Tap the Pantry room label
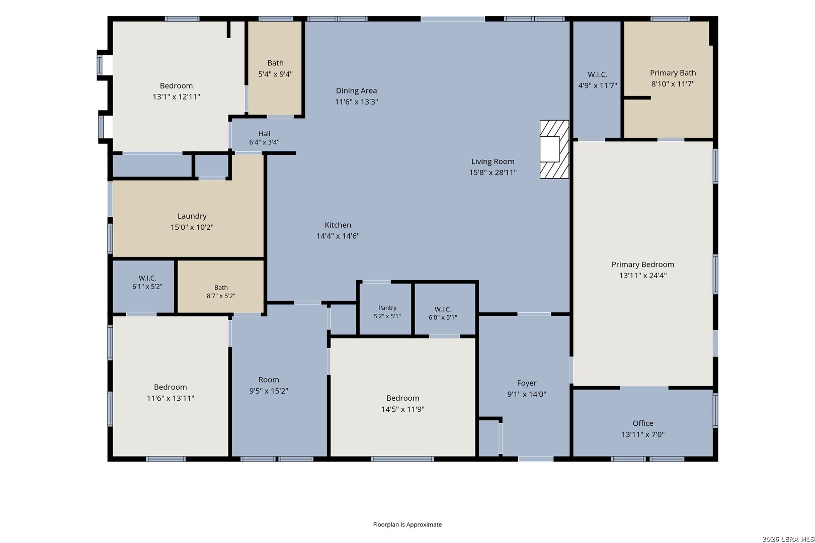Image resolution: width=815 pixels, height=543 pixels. point(387,308)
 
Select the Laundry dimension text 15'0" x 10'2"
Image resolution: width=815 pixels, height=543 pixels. point(192,227)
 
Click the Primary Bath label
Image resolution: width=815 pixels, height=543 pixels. point(673,73)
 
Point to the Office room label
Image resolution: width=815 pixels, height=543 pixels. point(643,423)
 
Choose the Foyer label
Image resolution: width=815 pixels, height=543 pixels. point(527,383)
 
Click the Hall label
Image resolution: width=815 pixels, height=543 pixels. point(265,134)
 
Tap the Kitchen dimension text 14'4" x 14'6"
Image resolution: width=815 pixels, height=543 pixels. point(338,236)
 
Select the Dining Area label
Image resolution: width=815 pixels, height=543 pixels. point(356,90)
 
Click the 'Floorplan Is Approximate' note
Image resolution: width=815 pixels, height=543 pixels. point(407,524)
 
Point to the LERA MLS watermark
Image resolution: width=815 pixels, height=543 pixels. point(788,539)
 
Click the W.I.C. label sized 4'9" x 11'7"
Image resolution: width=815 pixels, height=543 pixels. point(598,74)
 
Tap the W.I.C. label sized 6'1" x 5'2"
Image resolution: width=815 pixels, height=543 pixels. point(147,278)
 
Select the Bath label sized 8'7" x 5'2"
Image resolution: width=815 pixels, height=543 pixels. point(221,287)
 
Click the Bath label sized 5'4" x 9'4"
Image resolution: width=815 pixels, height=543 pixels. point(275,63)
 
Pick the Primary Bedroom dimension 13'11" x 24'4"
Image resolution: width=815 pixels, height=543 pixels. point(643,276)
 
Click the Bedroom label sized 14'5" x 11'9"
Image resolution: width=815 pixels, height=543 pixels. point(403,398)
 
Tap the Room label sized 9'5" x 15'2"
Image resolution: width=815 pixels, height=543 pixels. point(269,380)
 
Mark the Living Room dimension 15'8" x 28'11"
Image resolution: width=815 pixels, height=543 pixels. point(493,172)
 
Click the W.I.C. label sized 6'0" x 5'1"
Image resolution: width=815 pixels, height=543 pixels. point(443,309)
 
